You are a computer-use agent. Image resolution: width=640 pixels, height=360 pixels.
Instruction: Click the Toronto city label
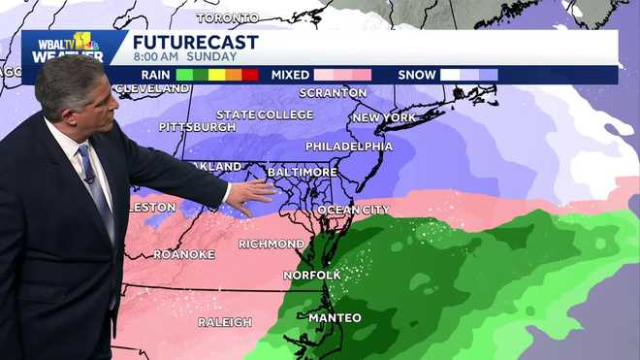pyautogui.click(x=228, y=17)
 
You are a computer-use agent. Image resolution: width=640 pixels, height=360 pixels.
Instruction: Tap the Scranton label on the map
pyautogui.click(x=334, y=93)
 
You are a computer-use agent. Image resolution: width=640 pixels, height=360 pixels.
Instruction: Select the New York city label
pyautogui.click(x=384, y=117)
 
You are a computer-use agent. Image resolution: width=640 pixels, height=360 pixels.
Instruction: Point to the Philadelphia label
pyautogui.click(x=349, y=147)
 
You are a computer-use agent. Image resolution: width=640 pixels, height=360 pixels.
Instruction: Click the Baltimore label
pyautogui.click(x=303, y=172)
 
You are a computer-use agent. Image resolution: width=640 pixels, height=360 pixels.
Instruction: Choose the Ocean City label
pyautogui.click(x=353, y=210)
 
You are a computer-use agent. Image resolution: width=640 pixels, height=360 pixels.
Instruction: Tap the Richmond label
pyautogui.click(x=272, y=244)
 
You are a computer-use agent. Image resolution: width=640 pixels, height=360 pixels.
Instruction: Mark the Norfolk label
pyautogui.click(x=311, y=275)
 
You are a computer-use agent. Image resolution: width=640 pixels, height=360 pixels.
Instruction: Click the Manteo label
pyautogui.click(x=335, y=318)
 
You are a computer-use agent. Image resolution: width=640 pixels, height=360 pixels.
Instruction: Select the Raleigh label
pyautogui.click(x=225, y=322)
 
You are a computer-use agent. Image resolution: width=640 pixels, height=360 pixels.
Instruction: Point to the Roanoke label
pyautogui.click(x=184, y=254)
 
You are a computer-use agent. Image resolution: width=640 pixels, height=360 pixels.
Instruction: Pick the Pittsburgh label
pyautogui.click(x=198, y=127)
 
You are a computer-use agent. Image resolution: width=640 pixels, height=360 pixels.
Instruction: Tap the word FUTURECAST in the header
pyautogui.click(x=195, y=42)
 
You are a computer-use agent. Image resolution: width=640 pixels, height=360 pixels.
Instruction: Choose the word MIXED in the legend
pyautogui.click(x=290, y=74)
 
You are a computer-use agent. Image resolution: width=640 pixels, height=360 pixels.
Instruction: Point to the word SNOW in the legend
pyautogui.click(x=418, y=74)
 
